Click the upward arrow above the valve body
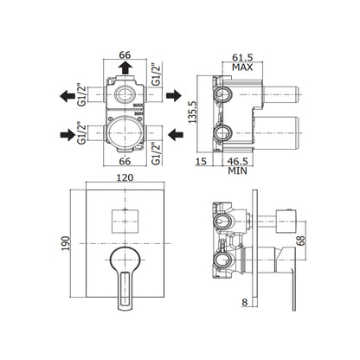coord(125,67)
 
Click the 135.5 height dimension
coord(192,112)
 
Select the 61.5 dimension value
coord(242,57)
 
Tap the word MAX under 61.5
coord(242,67)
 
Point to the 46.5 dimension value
coord(237,161)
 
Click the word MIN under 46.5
coord(237,170)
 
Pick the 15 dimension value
coord(201,161)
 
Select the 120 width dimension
coord(125,177)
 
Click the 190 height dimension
coord(66,243)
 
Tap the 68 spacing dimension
coord(300,241)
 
